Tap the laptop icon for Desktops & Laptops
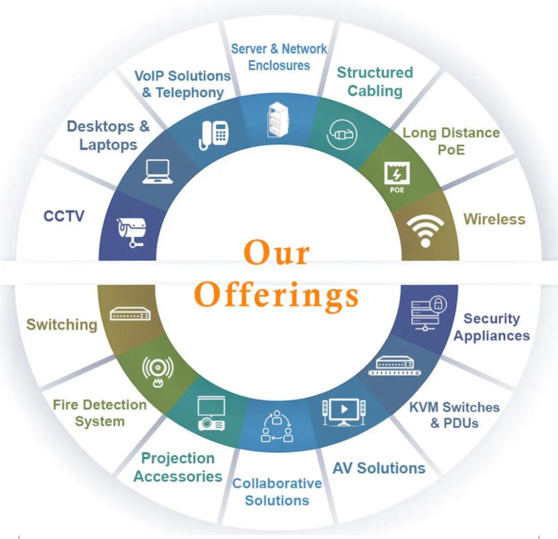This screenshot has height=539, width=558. click(157, 171)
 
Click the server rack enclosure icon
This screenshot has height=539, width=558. click(277, 119)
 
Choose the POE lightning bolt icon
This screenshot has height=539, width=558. click(397, 176)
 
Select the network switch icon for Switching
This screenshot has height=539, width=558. click(130, 314)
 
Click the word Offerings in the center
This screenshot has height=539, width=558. click(277, 295)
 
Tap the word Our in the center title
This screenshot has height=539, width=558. click(276, 253)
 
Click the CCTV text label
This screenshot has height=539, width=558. click(64, 217)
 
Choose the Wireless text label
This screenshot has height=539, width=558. click(494, 219)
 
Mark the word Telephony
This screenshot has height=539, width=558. click(190, 93)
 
